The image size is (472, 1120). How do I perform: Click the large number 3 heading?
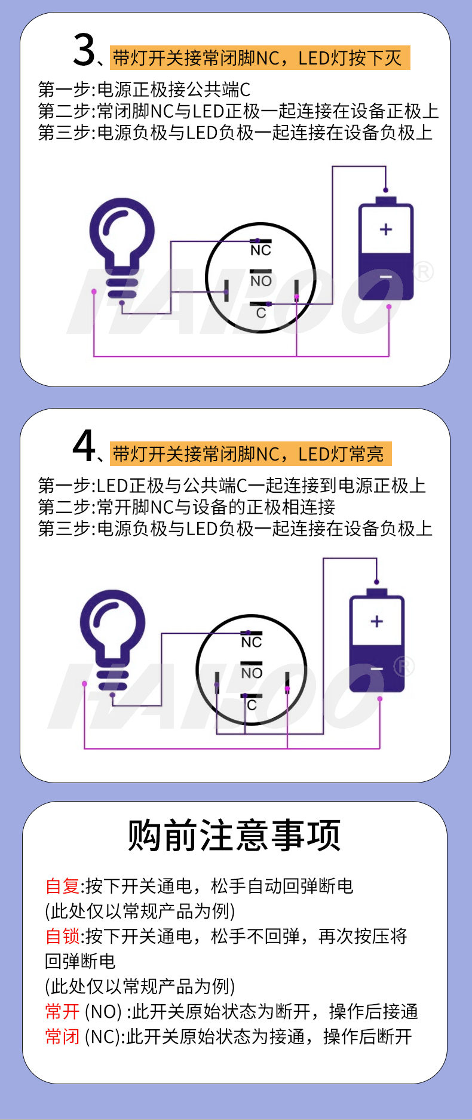[84, 50]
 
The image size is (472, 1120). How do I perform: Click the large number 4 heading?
[84, 446]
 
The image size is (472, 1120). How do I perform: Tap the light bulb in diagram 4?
[113, 640]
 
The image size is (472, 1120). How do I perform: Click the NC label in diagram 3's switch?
[260, 250]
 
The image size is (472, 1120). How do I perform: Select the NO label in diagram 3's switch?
[260, 281]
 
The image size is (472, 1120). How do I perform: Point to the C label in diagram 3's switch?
[261, 313]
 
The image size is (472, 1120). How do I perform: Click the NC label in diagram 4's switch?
[252, 642]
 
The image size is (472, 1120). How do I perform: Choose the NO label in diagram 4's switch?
[252, 673]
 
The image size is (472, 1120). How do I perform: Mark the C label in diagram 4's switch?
[252, 705]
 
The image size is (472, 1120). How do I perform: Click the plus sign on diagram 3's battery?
[386, 229]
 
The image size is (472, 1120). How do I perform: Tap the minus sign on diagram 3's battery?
[386, 277]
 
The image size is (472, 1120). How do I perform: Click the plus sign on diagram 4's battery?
[377, 621]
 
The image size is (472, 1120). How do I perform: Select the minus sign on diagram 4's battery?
[377, 669]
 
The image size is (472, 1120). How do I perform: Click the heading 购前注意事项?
[234, 835]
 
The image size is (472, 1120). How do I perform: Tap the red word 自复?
[62, 886]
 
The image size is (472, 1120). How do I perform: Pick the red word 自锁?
[62, 936]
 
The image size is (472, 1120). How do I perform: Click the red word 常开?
[62, 1011]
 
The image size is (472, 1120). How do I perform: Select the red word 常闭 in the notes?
[62, 1036]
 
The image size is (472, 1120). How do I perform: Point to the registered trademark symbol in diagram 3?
[423, 272]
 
